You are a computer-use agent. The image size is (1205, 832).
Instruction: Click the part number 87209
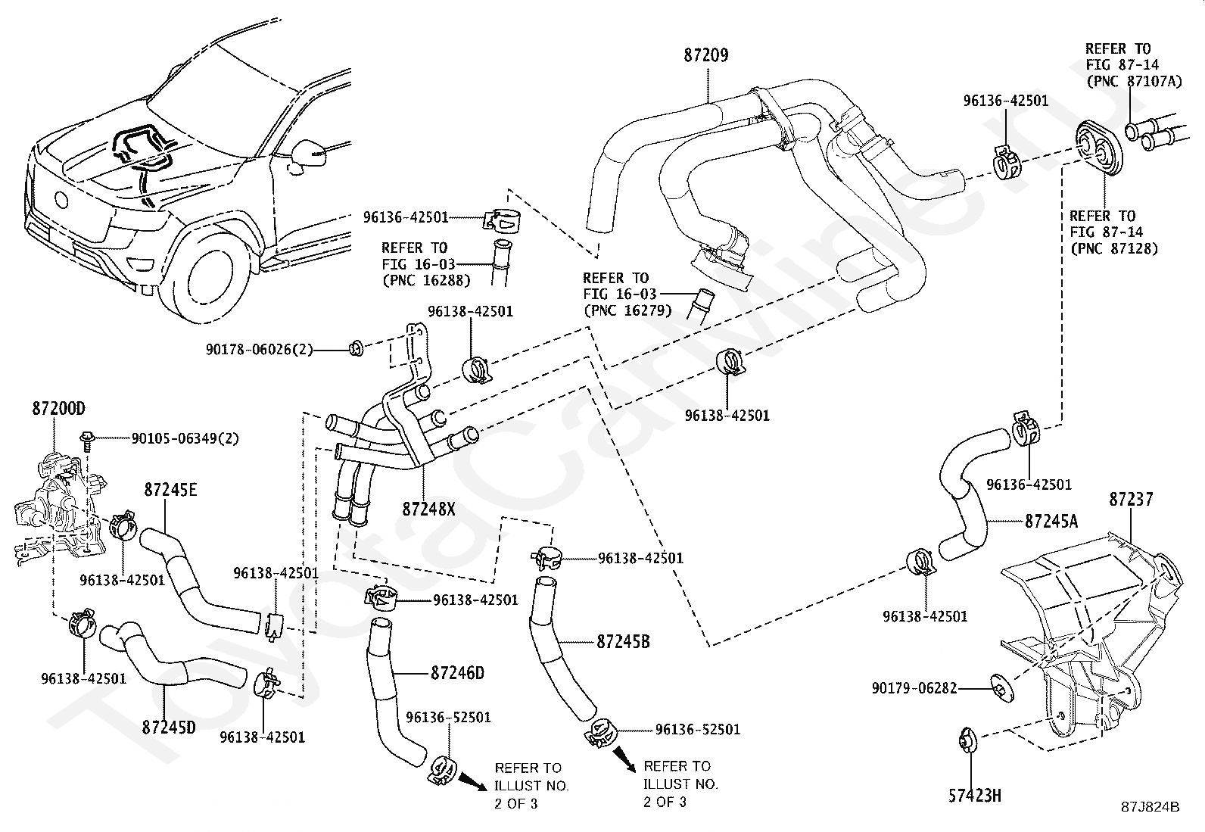point(706,55)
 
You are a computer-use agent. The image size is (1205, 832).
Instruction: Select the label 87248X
point(429,509)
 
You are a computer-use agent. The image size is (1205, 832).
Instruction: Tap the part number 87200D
point(58,409)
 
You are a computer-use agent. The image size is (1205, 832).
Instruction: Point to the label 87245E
point(170,490)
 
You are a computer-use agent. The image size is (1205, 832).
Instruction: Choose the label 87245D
point(168,728)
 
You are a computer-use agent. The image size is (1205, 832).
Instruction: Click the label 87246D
point(457,672)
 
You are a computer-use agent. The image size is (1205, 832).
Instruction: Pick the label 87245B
point(623,641)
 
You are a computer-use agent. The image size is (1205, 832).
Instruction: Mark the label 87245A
point(1052,521)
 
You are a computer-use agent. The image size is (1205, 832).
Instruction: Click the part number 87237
point(1132,499)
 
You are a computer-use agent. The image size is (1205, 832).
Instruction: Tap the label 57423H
point(975,796)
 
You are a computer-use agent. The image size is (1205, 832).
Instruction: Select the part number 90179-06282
point(914,688)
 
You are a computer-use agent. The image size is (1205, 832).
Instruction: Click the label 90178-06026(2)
point(259,350)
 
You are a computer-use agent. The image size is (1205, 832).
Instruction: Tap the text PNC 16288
point(426,281)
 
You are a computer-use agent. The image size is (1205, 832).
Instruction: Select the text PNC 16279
point(627,310)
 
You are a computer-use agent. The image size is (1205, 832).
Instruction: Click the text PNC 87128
point(1113,248)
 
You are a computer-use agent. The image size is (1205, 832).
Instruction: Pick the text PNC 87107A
point(1133,81)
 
